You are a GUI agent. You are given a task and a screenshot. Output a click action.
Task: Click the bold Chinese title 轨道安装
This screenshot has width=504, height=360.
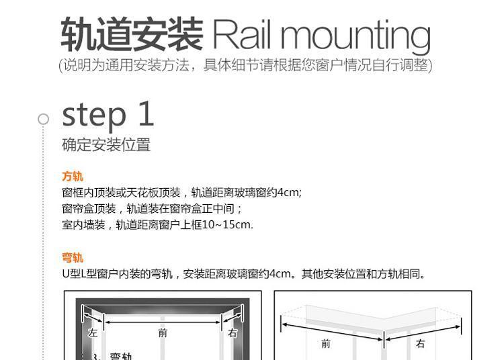[132, 34]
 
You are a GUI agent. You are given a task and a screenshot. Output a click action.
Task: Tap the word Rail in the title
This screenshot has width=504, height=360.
[241, 34]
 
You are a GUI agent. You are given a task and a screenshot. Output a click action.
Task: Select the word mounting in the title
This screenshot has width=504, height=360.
[355, 37]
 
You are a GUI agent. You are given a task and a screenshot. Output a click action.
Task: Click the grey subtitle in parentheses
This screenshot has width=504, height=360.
[245, 65]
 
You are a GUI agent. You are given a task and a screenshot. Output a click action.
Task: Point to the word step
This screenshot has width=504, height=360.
[94, 115]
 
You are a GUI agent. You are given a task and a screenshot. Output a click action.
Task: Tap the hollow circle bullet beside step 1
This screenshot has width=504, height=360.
[44, 119]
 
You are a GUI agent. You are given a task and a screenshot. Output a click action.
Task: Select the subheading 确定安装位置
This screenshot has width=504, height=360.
[106, 144]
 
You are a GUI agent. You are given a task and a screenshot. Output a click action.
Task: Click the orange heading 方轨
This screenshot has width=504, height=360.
[73, 177]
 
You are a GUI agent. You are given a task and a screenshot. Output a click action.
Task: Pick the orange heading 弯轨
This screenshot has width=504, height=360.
[73, 257]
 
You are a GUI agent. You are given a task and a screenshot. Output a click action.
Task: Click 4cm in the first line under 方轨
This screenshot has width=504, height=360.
[288, 192]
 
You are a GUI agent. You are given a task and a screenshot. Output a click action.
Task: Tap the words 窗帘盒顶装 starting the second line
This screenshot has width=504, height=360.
[89, 209]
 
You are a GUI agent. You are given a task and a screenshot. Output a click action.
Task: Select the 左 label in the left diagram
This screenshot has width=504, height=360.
[93, 332]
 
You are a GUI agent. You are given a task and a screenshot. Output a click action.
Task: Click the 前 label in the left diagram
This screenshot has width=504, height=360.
[163, 332]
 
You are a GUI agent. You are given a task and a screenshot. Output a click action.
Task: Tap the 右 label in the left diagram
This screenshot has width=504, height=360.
[233, 332]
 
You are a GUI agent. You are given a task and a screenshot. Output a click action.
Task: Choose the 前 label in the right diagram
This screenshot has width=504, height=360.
[326, 344]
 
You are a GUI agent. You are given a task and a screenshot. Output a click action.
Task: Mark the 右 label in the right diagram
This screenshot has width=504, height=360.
[421, 344]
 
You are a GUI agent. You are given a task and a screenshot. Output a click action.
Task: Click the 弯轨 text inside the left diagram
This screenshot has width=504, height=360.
[121, 356]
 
